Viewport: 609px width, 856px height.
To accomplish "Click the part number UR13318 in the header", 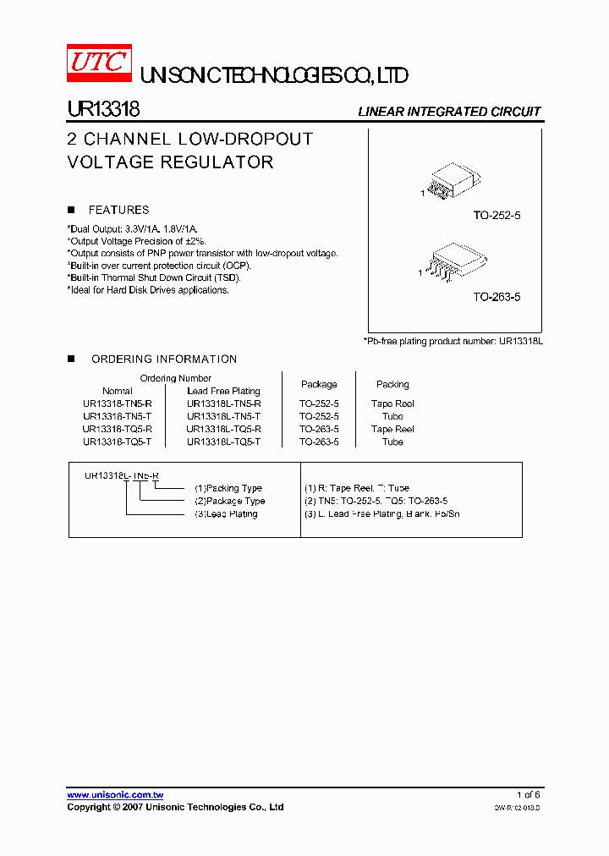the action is coord(103,110).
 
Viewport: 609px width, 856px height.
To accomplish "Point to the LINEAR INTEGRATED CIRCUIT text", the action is coord(449,112).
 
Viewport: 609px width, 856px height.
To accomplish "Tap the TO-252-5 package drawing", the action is coord(452,183).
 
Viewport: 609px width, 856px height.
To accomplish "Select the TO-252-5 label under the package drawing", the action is coord(497,216).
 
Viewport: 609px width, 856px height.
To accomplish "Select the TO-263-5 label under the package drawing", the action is coord(497,297).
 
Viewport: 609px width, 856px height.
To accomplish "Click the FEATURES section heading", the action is coord(118,210).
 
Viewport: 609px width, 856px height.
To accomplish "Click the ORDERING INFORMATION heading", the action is coord(164,359).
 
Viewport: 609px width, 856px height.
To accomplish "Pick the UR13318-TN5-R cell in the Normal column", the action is coord(118,403).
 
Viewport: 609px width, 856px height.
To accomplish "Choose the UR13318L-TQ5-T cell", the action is coord(223,442).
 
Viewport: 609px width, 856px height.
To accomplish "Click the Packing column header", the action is coord(392,384).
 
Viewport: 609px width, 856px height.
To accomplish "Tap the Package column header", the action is coord(319,384).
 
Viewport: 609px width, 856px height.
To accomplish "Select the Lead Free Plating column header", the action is coord(223,391).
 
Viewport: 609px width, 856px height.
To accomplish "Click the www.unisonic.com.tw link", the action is coord(115,795).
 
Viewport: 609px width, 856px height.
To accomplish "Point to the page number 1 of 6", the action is coord(529,795).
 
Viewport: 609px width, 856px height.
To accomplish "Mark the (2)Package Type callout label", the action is coord(229,501).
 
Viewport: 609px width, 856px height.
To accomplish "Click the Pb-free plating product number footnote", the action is coord(453,340).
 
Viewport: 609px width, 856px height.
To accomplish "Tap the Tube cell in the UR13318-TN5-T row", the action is coord(392,416).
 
